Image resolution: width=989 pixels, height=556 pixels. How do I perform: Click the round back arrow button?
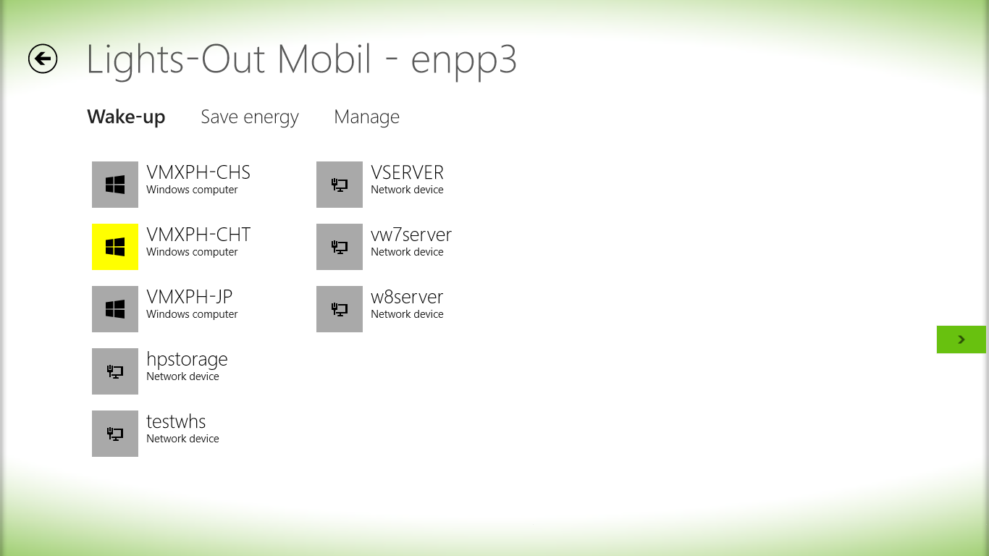pos(43,59)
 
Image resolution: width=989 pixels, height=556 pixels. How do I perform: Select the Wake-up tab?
pos(126,117)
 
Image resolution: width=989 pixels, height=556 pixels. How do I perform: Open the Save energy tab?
pos(250,117)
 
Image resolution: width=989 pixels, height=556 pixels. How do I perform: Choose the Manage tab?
pos(366,117)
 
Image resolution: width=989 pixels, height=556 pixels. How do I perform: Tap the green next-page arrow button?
pos(961,340)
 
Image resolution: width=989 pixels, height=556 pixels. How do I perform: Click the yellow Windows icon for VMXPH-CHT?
pos(115,247)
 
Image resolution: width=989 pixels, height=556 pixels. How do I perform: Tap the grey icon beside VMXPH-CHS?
pos(115,185)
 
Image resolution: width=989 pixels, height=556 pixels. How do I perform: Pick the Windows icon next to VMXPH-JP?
pos(115,309)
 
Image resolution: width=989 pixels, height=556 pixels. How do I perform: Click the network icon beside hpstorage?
pos(115,371)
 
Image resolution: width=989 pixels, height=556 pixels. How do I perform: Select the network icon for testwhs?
pos(115,434)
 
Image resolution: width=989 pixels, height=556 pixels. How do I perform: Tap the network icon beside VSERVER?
pos(340,185)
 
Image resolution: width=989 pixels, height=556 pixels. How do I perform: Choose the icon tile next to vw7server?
pos(340,247)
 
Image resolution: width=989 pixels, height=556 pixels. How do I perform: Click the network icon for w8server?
pos(340,309)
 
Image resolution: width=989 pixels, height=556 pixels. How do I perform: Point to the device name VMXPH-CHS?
pos(198,173)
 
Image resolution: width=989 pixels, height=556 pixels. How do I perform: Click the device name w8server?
pos(407,298)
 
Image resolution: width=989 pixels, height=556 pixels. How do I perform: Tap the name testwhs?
pos(176,422)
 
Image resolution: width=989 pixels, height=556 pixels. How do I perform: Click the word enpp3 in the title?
pos(463,62)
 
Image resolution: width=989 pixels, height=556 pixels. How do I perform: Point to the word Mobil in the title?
pos(324,59)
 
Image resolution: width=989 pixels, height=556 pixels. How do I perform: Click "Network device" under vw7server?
pos(407,252)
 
